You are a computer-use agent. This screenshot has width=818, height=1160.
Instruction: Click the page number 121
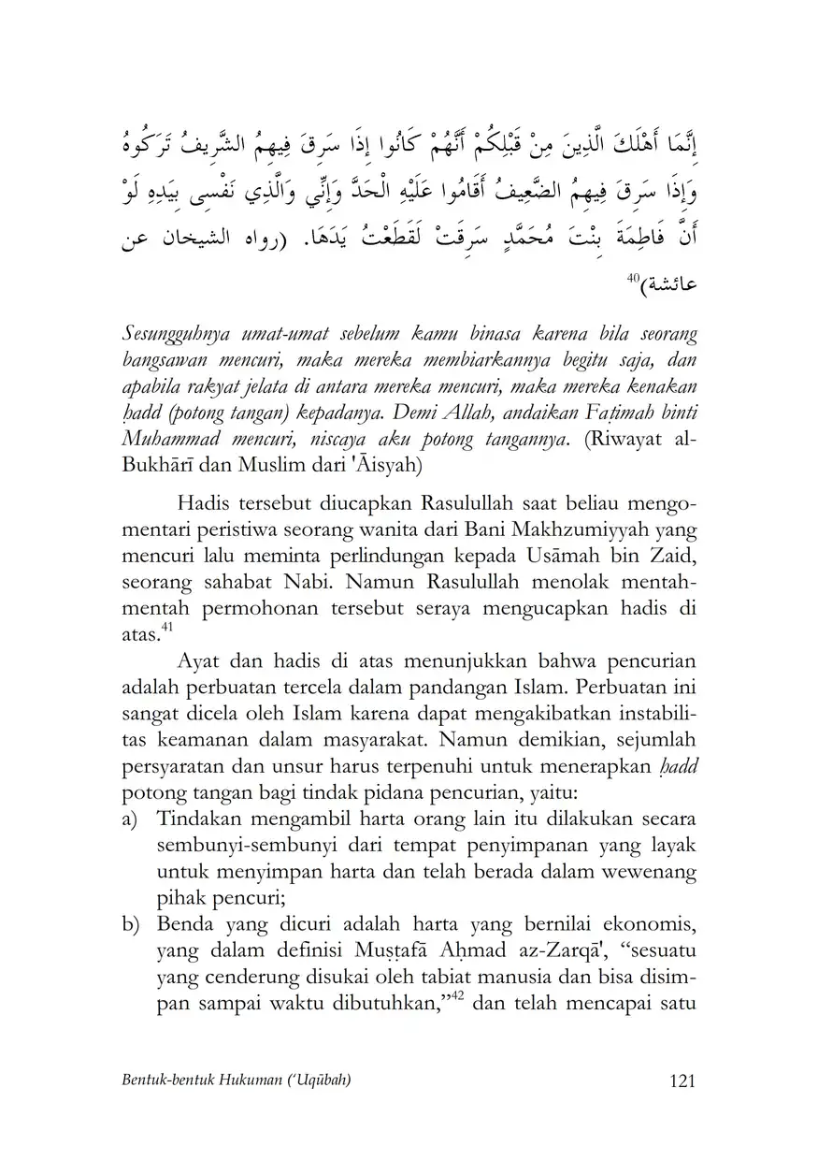[682, 1081]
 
